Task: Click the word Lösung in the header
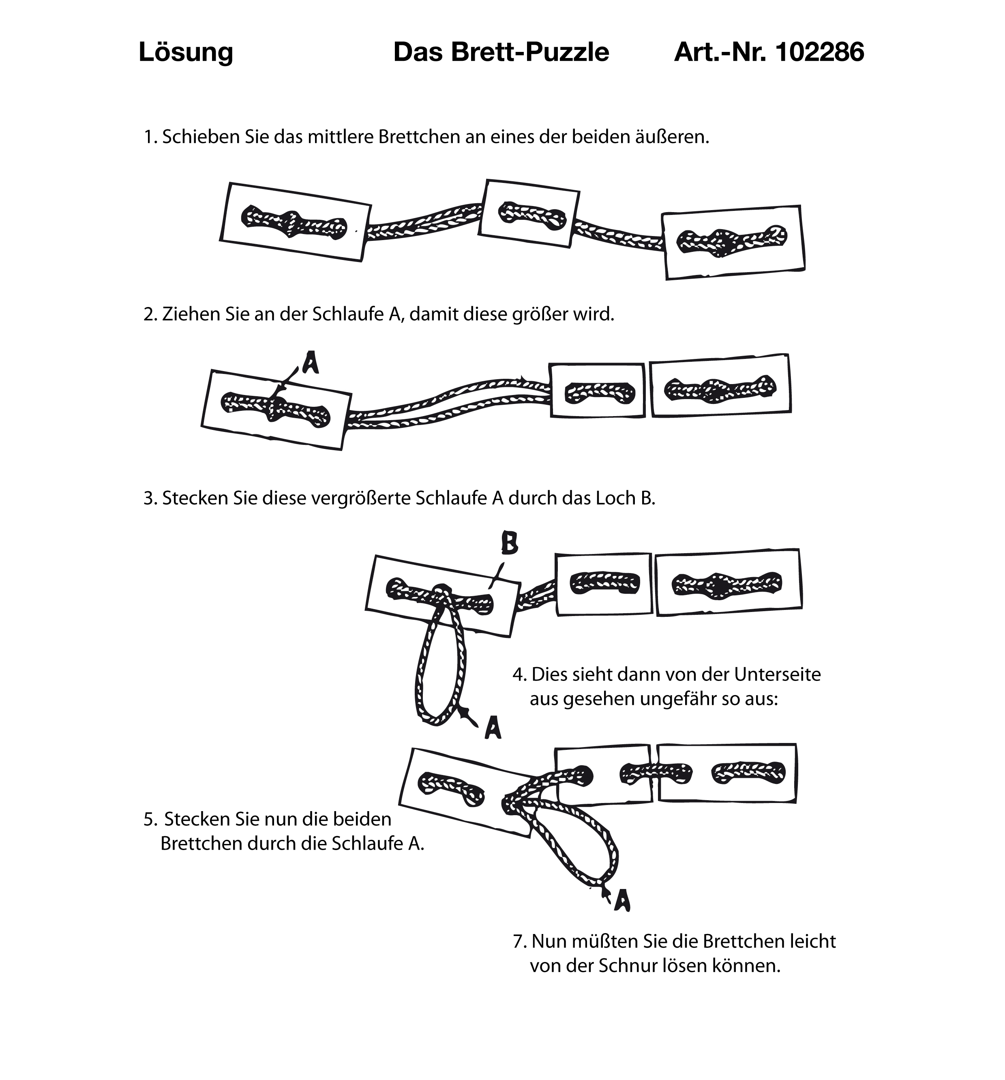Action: point(186,53)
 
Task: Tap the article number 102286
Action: point(819,53)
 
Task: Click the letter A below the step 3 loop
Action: point(493,727)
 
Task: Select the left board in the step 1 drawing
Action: point(296,222)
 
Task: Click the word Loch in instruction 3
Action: point(615,498)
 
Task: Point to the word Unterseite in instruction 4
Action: point(778,674)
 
